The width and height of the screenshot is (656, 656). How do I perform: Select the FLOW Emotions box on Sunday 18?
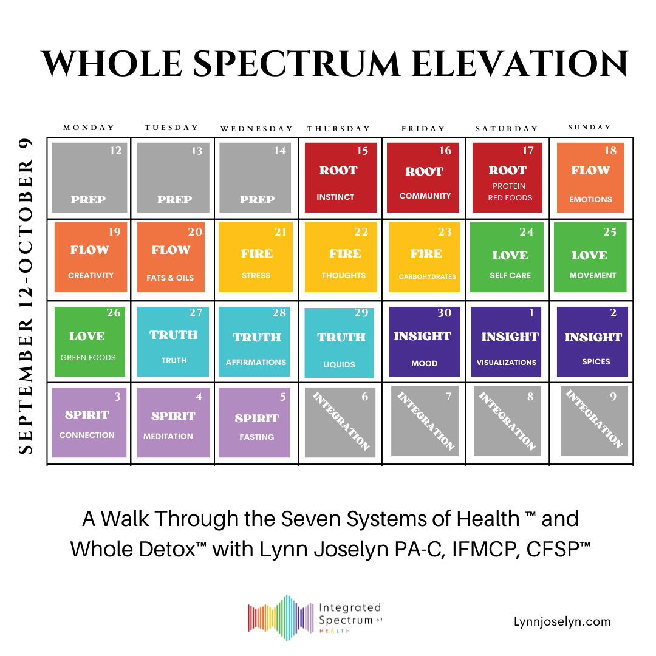pyautogui.click(x=590, y=177)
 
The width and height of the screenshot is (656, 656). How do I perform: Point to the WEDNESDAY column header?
pyautogui.click(x=256, y=129)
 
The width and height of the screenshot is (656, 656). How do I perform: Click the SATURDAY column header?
pyautogui.click(x=507, y=129)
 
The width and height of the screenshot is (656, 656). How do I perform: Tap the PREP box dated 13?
pyautogui.click(x=173, y=177)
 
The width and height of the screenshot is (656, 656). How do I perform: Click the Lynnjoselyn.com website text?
pyautogui.click(x=562, y=621)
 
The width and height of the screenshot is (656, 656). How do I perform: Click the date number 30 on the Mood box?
pyautogui.click(x=445, y=313)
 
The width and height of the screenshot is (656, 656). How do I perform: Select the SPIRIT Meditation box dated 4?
pyautogui.click(x=173, y=422)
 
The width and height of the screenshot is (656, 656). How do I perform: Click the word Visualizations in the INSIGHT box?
pyautogui.click(x=507, y=363)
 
